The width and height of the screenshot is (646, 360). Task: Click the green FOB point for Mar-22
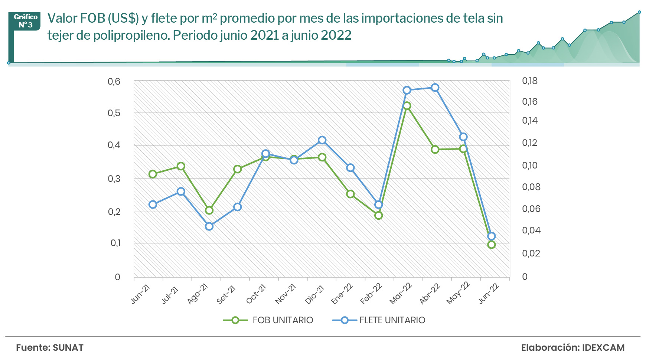[x=407, y=106]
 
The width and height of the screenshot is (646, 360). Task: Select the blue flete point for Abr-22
[x=435, y=88]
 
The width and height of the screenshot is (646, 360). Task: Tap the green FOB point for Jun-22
[x=492, y=245]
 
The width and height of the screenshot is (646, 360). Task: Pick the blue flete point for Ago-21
[x=209, y=226]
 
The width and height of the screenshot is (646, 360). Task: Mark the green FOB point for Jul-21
[x=181, y=166]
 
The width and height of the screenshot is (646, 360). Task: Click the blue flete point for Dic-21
[x=322, y=140]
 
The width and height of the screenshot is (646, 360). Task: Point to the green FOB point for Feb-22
[x=379, y=215]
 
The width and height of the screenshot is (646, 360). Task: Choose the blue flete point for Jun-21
[x=153, y=204]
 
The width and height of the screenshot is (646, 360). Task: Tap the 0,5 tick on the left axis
[x=114, y=113]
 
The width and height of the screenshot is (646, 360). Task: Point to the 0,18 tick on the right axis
[x=530, y=81]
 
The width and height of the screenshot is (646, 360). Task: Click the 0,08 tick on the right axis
[x=531, y=187]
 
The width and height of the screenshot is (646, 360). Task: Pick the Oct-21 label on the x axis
[x=257, y=294]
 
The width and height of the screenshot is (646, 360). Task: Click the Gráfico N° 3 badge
[x=26, y=21]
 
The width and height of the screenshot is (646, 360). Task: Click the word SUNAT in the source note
[x=68, y=348]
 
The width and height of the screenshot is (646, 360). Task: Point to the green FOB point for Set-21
[x=238, y=169]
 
